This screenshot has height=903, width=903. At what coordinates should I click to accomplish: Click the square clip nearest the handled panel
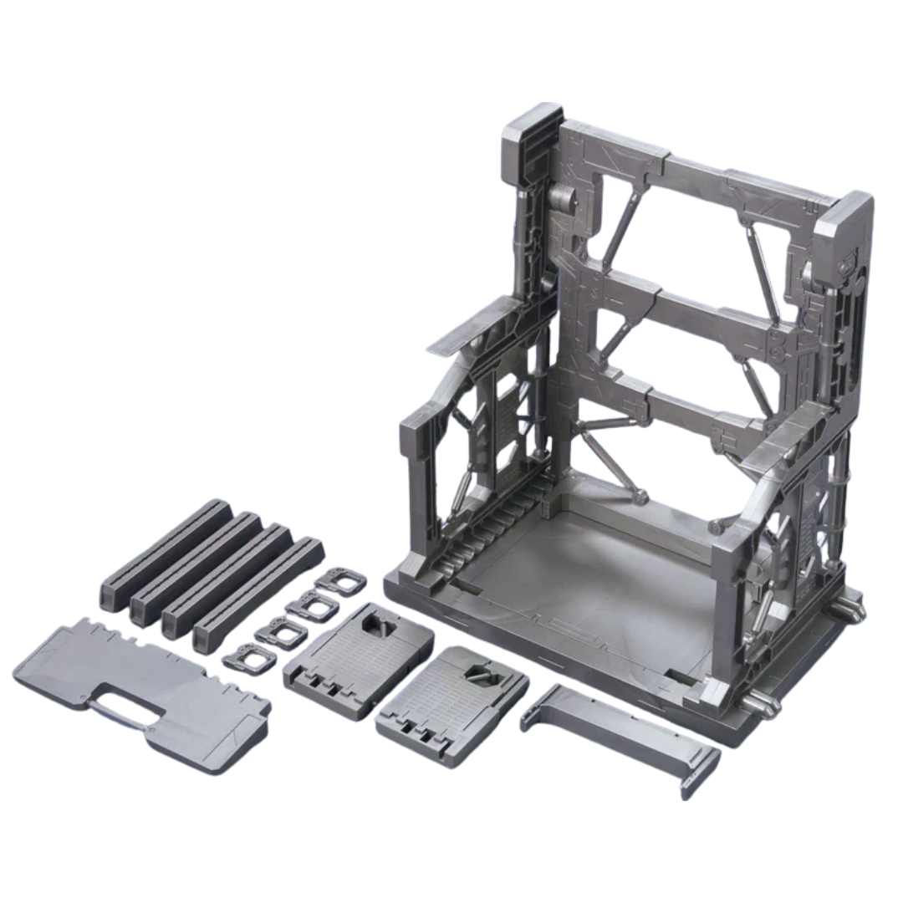(x=242, y=658)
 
